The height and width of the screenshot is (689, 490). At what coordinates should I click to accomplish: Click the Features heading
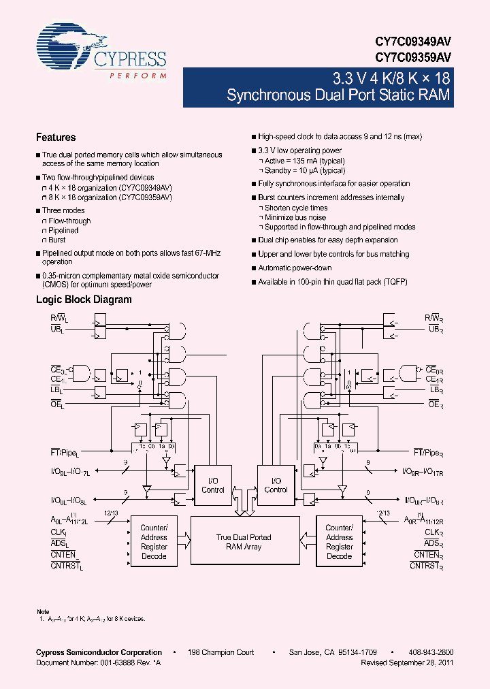[x=56, y=137]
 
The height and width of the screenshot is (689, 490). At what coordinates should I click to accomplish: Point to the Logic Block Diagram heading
[x=84, y=300]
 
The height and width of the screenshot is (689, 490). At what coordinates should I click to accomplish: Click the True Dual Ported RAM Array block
[x=244, y=542]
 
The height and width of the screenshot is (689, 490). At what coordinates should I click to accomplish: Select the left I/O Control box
[x=213, y=485]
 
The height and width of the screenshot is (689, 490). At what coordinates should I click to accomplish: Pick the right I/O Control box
[x=276, y=485]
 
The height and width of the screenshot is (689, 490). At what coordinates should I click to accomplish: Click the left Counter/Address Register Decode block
[x=154, y=542]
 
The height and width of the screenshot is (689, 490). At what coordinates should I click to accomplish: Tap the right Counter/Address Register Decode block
[x=339, y=542]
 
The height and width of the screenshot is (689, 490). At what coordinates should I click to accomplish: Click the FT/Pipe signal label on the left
[x=65, y=452]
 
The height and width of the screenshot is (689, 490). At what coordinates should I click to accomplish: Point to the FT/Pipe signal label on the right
[x=428, y=452]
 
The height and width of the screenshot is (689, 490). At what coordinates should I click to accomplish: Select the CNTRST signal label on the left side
[x=66, y=564]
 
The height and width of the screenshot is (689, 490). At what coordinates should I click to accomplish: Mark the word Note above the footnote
[x=42, y=611]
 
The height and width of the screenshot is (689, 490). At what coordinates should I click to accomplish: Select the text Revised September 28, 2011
[x=407, y=662]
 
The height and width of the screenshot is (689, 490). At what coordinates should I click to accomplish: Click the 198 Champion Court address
[x=221, y=652]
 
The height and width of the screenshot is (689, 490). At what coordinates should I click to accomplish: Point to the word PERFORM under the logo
[x=138, y=76]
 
